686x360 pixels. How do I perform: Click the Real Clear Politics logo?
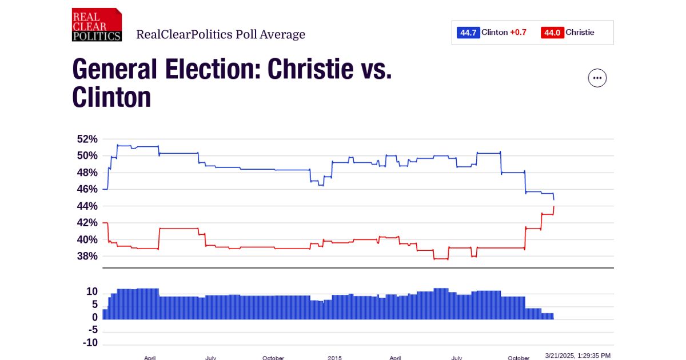[x=97, y=25]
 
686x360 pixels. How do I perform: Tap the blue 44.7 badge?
[x=468, y=33]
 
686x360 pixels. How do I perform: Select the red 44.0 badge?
[x=552, y=33]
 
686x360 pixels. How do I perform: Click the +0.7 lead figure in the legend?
[x=518, y=33]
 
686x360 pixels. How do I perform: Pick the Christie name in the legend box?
[x=580, y=33]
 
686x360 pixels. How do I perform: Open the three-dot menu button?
[x=597, y=78]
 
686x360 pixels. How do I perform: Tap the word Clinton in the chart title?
[x=111, y=98]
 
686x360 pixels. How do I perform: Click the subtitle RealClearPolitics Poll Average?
[x=221, y=35]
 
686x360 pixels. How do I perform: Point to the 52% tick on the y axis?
[x=87, y=139]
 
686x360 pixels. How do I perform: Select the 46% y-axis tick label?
[x=87, y=189]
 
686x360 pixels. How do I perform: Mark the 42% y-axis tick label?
[x=87, y=223]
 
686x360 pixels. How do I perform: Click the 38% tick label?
[x=87, y=256]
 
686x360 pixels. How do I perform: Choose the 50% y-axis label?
[x=87, y=155]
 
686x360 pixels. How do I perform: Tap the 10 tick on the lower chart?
[x=92, y=291]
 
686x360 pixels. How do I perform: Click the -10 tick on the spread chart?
[x=90, y=343]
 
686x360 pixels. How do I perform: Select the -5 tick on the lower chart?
[x=92, y=330]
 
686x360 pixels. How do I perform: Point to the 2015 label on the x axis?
[x=335, y=358]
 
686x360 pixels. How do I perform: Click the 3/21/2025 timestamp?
[x=578, y=355]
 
